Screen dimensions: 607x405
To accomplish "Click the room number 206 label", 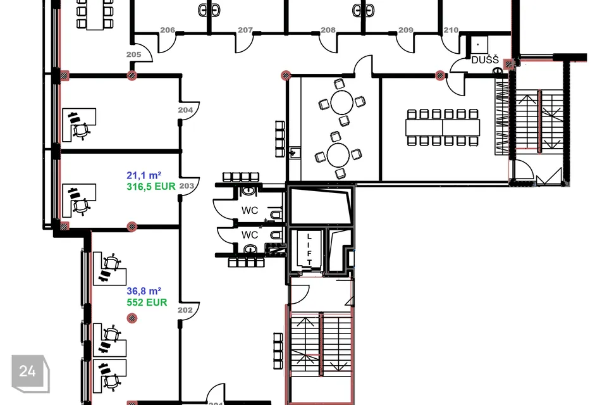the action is (168, 30).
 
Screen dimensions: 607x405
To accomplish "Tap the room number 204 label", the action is (185, 110).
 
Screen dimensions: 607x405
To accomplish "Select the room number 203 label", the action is (187, 186).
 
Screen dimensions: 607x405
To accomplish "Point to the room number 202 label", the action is (185, 310).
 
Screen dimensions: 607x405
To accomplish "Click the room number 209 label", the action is (406, 30).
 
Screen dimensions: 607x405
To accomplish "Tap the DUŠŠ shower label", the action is (485, 60).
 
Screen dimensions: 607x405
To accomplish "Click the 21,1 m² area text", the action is (144, 175).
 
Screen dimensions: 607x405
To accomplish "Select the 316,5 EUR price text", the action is (151, 187).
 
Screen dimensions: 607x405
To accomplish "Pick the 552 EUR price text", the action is (147, 302).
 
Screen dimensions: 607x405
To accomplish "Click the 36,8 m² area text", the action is (144, 291).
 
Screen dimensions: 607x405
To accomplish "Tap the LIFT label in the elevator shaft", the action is (309, 249).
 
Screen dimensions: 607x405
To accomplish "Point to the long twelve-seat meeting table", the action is (443, 127).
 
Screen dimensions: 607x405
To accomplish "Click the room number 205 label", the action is (133, 54).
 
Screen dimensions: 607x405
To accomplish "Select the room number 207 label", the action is (245, 30).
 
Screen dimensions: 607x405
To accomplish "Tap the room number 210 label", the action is (451, 30).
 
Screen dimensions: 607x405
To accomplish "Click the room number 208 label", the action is (328, 30).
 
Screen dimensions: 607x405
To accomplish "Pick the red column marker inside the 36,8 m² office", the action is (132, 318).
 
